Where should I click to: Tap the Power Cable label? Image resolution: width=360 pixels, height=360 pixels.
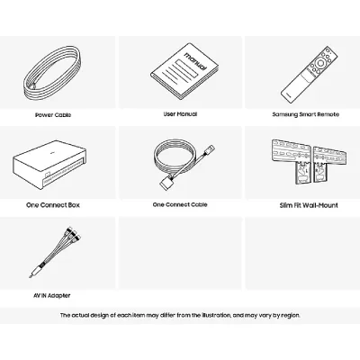coord(53,115)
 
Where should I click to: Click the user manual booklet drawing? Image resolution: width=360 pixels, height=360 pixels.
coord(184,71)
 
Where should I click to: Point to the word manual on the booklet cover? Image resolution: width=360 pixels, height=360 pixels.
coord(195,61)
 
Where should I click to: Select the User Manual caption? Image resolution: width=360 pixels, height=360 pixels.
coord(180,114)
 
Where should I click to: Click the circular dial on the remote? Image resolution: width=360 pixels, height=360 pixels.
coord(319,63)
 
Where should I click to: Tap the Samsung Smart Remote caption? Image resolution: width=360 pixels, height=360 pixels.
coord(306,114)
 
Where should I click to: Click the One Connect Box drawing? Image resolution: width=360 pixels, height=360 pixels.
coord(49,165)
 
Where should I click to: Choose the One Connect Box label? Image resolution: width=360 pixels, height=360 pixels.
coord(53,205)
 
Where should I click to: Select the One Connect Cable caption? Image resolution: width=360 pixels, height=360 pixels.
coord(180,204)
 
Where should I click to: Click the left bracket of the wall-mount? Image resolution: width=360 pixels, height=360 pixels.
coord(292,160)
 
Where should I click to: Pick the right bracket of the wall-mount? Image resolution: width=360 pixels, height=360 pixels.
coord(330,164)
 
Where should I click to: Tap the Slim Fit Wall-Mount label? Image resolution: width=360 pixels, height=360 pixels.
coord(309,205)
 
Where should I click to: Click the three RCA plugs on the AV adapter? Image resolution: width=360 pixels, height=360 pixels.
coord(74,233)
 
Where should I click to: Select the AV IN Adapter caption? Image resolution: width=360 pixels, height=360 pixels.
coord(52,295)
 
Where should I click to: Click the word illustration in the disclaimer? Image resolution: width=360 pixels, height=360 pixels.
coord(216,315)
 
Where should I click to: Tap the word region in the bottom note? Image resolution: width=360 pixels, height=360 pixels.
coord(291,316)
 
